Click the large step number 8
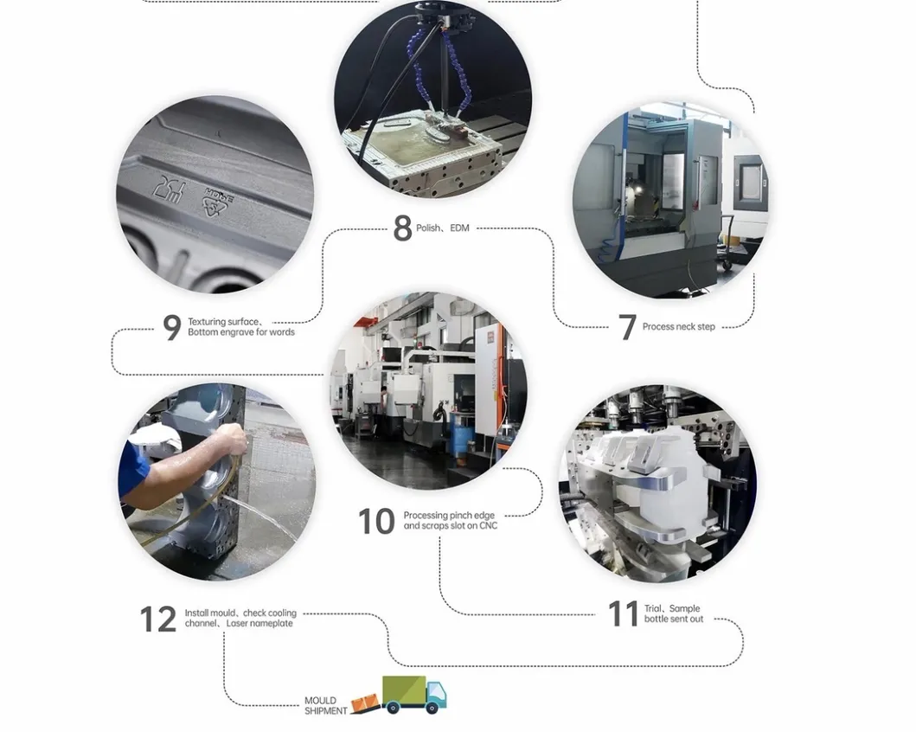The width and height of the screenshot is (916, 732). click(x=402, y=228)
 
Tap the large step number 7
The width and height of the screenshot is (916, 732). click(x=627, y=327)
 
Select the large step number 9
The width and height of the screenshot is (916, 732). click(x=172, y=328)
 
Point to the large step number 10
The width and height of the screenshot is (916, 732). click(x=376, y=521)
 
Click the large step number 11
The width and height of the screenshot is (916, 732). click(x=623, y=614)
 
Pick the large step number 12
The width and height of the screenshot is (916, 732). click(x=158, y=620)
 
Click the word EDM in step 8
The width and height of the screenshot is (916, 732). click(x=459, y=228)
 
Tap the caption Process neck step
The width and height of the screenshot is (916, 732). click(x=678, y=327)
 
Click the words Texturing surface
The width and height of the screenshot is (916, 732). click(x=224, y=322)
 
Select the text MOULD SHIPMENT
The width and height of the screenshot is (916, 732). click(x=325, y=706)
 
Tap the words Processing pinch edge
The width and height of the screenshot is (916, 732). click(x=449, y=516)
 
